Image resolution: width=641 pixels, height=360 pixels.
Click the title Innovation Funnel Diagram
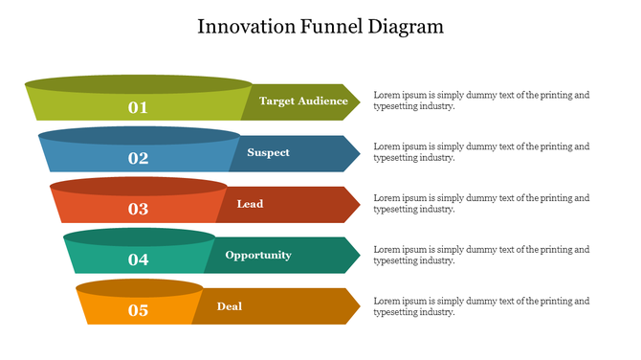coord(320,26)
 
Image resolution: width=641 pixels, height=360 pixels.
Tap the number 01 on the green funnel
coord(139,107)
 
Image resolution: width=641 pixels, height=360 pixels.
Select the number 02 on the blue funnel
coord(139,158)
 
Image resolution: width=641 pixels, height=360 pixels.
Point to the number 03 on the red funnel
coord(139,209)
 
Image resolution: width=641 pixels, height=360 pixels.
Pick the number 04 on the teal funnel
coord(139,259)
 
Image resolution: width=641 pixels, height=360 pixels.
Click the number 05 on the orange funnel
coord(139,310)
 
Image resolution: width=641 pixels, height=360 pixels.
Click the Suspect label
coord(268,152)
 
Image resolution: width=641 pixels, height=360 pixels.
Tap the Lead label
coord(250,204)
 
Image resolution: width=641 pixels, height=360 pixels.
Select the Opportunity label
coord(258,255)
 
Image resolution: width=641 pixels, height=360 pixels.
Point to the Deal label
coord(230,306)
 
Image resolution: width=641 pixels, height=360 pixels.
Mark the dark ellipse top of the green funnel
coord(139,84)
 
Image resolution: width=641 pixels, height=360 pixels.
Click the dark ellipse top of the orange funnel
coord(140,287)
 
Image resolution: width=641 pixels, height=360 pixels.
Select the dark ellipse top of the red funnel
coord(139,186)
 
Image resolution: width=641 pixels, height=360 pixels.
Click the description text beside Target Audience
coord(481,101)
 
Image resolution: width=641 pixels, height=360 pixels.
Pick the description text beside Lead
coord(481,203)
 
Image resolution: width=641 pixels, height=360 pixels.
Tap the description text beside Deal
coord(481,305)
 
